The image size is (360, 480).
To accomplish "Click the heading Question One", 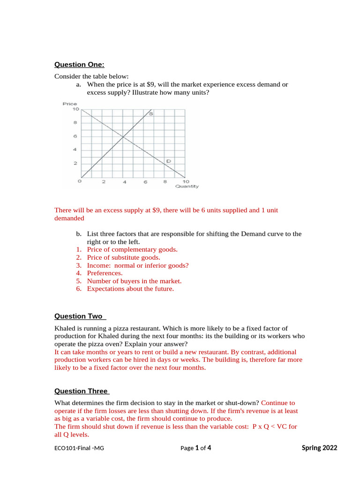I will [79, 64].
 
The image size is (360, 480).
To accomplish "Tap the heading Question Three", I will [82, 391].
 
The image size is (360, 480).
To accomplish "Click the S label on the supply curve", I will [151, 114].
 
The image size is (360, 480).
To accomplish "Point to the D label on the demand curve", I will [168, 161].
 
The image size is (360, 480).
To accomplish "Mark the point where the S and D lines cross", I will [123, 137].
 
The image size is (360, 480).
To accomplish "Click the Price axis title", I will [70, 104].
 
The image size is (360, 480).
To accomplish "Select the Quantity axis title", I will [187, 187].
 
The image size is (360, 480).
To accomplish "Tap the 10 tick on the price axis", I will [75, 109].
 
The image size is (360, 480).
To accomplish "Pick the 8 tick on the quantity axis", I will [165, 182].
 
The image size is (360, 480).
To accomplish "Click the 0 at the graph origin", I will [79, 181].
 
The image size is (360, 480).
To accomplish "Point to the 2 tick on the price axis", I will [75, 164].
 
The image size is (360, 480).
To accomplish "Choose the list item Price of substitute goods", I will [123, 257].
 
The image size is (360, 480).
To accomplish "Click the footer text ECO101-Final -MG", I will [79, 448].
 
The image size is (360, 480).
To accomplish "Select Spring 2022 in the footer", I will [319, 448].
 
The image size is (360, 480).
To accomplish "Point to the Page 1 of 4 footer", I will [195, 448].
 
